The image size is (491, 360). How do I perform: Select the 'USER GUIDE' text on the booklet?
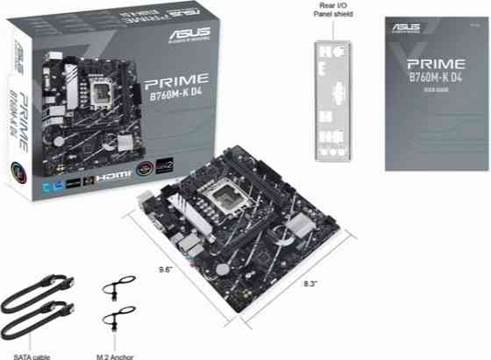[x=435, y=91]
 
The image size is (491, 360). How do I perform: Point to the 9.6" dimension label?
[x=166, y=269]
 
